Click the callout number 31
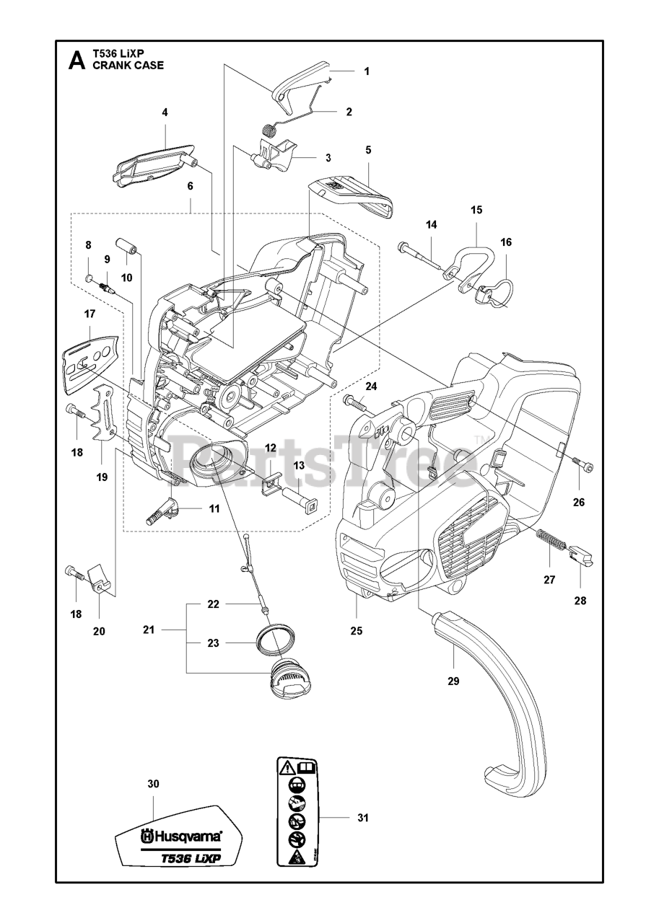[x=362, y=818]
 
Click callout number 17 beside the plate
[x=90, y=314]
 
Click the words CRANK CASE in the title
[x=128, y=65]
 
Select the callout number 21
[x=149, y=630]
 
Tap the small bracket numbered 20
[x=102, y=580]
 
